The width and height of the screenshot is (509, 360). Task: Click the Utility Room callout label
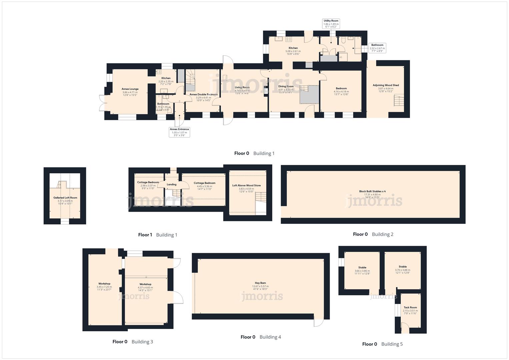click(x=331, y=24)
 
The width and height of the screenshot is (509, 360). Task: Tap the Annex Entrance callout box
click(x=179, y=132)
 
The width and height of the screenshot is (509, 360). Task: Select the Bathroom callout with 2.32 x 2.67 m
click(x=377, y=48)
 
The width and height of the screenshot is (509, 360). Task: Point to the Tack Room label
click(x=410, y=310)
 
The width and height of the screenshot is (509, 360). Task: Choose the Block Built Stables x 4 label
click(x=372, y=194)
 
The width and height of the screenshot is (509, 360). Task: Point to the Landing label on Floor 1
click(x=171, y=184)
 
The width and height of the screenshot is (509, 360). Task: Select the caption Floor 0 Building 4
click(x=261, y=337)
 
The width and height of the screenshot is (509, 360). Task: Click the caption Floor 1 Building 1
click(x=158, y=235)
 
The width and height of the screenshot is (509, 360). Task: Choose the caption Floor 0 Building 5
click(x=382, y=344)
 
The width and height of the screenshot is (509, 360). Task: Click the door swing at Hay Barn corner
click(x=318, y=322)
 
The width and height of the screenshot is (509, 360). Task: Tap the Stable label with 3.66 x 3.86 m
click(x=362, y=270)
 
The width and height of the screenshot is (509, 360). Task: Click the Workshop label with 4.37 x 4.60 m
click(x=145, y=287)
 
